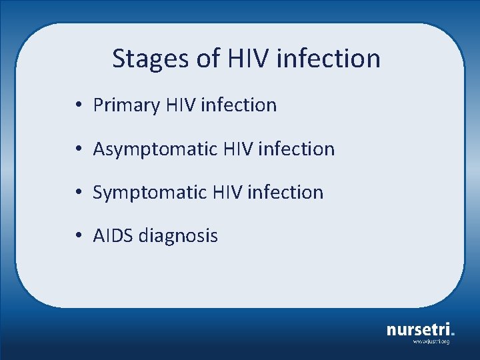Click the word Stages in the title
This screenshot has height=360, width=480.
pos(151,59)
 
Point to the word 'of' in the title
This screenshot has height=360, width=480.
pos(207,59)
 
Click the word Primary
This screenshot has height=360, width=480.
pos(127,105)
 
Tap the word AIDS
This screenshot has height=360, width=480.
pos(113,236)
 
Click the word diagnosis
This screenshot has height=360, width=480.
pos(179,236)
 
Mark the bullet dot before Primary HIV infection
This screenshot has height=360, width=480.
pos(79,105)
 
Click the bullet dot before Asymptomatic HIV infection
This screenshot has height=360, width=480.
pos(79,149)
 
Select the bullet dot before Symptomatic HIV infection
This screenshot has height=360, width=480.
pos(79,193)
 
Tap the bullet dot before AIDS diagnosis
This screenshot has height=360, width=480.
pos(79,236)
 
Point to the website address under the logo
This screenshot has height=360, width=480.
pos(431,342)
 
